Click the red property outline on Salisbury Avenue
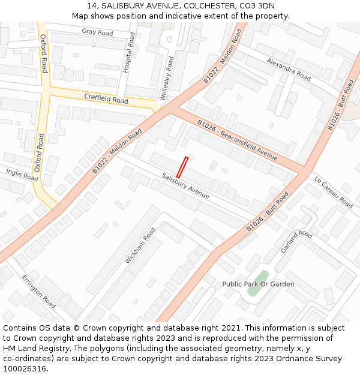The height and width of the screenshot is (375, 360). coord(182,167)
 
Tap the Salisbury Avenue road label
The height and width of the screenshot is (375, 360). coord(185,186)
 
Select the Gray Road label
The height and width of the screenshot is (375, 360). coord(97,32)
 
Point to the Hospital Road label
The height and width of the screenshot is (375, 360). coord(128,52)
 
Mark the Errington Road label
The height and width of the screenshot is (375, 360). coord(39,292)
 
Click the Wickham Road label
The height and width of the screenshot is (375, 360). coord(140,246)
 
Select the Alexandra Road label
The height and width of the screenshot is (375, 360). coord(289,70)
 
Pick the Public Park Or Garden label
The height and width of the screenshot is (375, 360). coord(258,284)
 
